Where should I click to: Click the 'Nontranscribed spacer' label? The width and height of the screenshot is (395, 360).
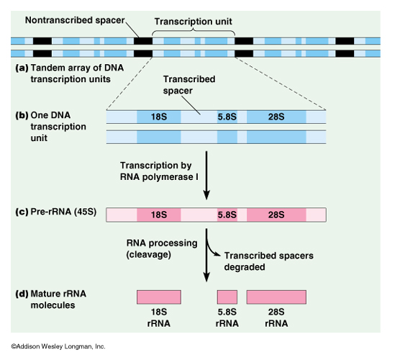point(75,20)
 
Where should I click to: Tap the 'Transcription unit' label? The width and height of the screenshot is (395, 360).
point(194,22)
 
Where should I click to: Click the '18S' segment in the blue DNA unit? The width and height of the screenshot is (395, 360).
point(159,117)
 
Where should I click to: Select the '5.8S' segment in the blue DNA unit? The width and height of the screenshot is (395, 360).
point(227,117)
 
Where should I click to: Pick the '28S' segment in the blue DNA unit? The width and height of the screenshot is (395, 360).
point(276,117)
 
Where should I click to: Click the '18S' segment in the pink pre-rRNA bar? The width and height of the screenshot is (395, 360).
point(159,215)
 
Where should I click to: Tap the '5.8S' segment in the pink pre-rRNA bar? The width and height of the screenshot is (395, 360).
point(227,215)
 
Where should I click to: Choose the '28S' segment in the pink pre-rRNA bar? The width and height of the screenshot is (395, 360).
point(276,215)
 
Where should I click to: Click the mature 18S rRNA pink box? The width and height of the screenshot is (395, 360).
point(159,297)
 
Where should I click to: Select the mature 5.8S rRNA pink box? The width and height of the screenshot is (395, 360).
point(227,297)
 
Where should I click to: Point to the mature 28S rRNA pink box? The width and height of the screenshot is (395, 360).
point(276,297)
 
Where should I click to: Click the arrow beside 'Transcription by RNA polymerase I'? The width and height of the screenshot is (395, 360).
point(206,176)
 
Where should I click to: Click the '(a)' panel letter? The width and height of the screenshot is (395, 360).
point(22,68)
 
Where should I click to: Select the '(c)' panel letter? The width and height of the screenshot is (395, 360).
point(22,212)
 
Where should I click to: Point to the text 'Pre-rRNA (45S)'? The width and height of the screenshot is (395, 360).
point(63,212)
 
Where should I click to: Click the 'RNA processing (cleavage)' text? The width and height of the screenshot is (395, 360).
point(162,249)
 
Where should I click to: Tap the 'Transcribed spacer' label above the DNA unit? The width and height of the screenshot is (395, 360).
point(189,85)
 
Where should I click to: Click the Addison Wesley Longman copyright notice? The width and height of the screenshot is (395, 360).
point(58,346)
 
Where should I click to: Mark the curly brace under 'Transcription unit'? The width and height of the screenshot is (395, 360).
point(194,31)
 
